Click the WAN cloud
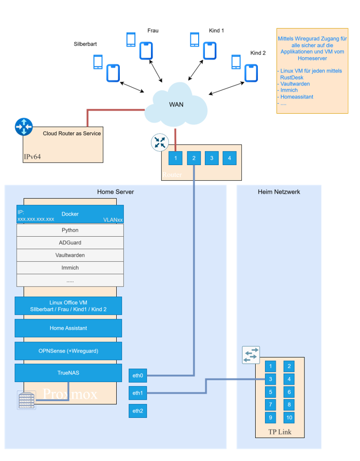[176, 106]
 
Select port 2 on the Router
[193, 158]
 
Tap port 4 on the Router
[229, 158]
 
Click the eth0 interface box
[137, 375]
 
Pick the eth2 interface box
[137, 411]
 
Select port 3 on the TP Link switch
[271, 379]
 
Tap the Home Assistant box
[68, 328]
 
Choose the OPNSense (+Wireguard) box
[68, 350]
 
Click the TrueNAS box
[68, 373]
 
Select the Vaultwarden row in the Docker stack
[70, 255]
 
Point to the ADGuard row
[70, 242]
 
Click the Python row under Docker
[70, 230]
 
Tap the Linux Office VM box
[68, 306]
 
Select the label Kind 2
[258, 53]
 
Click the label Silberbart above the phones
[86, 44]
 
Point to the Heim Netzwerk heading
[279, 192]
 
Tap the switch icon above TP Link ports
[251, 355]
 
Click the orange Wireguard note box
[312, 71]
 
